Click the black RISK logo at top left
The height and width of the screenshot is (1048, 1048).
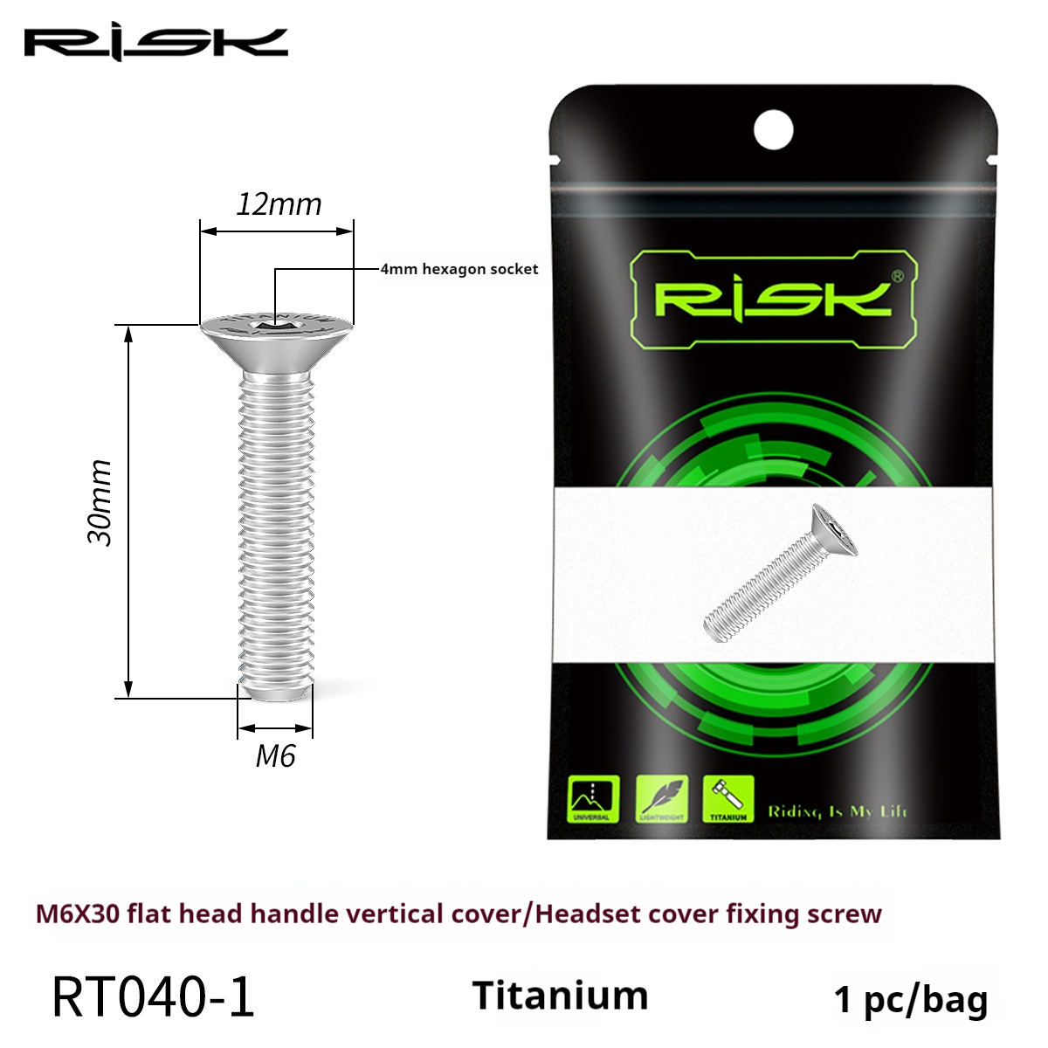point(155,44)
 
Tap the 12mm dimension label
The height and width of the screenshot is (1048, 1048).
point(279,204)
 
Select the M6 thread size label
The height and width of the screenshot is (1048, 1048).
point(275,755)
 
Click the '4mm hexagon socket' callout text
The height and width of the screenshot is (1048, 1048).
point(459,269)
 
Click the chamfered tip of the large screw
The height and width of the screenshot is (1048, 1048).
point(275,692)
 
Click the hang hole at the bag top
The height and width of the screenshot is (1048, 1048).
point(773,131)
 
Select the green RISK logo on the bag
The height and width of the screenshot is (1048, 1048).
point(772,299)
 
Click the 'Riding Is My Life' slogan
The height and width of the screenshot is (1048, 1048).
point(838,811)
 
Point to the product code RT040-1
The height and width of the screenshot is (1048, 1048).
point(153,997)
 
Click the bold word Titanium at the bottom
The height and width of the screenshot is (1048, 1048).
point(560,996)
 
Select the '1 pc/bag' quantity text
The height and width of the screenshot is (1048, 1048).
point(910,999)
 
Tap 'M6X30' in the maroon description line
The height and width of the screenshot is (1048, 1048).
point(77,914)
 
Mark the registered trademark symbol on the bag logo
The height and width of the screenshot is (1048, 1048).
point(896,276)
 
